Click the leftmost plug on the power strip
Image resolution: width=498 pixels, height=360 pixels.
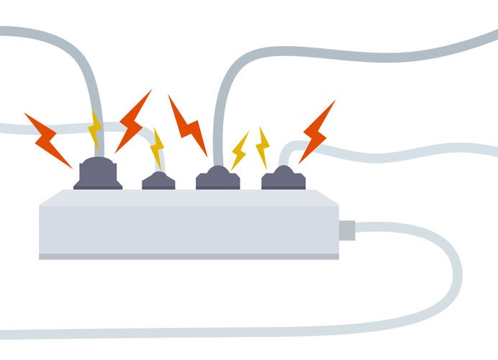97,175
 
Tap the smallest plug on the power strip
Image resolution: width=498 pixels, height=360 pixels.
158,181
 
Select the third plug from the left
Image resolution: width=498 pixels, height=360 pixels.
217,178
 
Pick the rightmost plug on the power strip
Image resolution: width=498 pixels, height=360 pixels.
284,178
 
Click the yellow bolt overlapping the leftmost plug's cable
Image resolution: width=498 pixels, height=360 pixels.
94,130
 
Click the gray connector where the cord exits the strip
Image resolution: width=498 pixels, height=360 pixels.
346,230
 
